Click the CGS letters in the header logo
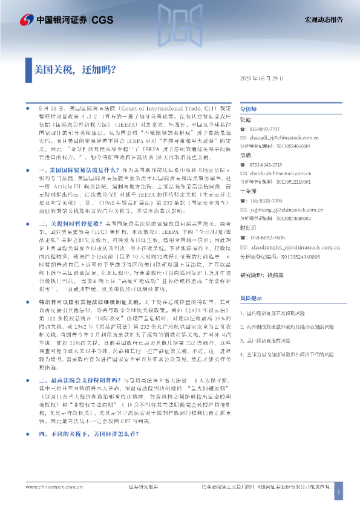[x=101, y=20]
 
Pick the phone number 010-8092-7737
[x=266, y=130]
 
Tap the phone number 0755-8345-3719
[x=266, y=165]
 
